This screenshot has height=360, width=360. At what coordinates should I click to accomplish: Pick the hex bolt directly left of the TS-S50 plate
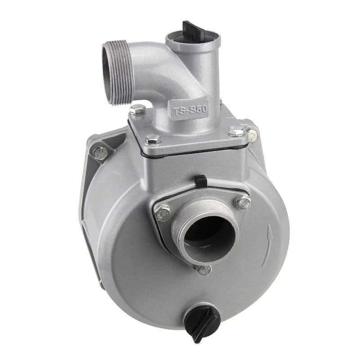click(138, 109)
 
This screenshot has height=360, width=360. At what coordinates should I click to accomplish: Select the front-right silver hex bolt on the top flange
click(236, 131)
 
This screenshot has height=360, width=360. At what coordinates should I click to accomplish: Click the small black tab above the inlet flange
click(201, 181)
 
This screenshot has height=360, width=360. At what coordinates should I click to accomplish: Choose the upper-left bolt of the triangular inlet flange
click(162, 212)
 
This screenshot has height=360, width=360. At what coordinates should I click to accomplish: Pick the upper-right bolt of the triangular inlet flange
click(243, 202)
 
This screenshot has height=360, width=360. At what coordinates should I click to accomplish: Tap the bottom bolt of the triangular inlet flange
click(204, 270)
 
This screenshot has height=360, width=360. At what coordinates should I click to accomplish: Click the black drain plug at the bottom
click(201, 320)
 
